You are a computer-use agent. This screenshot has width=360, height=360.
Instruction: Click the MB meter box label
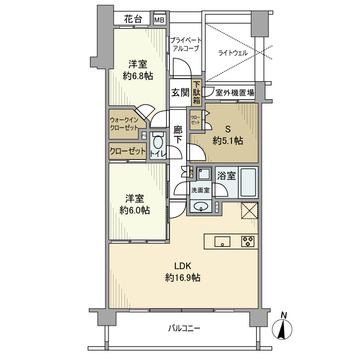coord(159,20)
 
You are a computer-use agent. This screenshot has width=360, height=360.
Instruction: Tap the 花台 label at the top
coord(133,20)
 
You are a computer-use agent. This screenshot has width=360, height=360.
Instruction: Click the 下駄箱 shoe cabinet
coord(196,93)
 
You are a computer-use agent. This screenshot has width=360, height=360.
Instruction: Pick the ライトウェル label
coord(233,52)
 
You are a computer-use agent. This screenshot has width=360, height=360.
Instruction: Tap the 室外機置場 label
coord(235,93)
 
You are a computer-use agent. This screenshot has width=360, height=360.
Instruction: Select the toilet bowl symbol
coord(158,142)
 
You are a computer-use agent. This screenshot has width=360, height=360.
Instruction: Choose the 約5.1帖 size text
coord(228,140)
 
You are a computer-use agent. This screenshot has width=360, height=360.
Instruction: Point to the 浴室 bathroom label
coord(226,176)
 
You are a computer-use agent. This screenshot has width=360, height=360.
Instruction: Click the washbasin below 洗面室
coord(201,207)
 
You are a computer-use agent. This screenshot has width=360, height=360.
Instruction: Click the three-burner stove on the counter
coord(248,241)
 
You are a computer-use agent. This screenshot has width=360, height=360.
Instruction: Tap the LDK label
coord(183,266)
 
